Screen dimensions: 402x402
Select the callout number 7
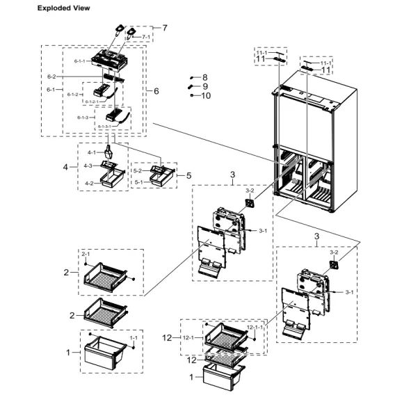coord(165,28)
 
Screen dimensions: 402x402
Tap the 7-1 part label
coord(146,37)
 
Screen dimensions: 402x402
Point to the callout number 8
coord(204,77)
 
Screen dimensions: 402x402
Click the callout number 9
coord(204,86)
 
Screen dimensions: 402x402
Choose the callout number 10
coord(206,96)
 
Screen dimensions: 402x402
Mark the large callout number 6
coord(156,91)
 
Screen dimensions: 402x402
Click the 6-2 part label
coord(51,76)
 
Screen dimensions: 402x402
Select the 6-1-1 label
coord(80,61)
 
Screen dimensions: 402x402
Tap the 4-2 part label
coord(89,183)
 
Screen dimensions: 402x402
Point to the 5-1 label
coord(138,182)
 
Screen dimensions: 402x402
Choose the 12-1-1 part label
coord(255,326)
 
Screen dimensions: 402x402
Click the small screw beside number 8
coord(192,77)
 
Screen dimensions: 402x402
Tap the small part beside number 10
coord(191,96)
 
